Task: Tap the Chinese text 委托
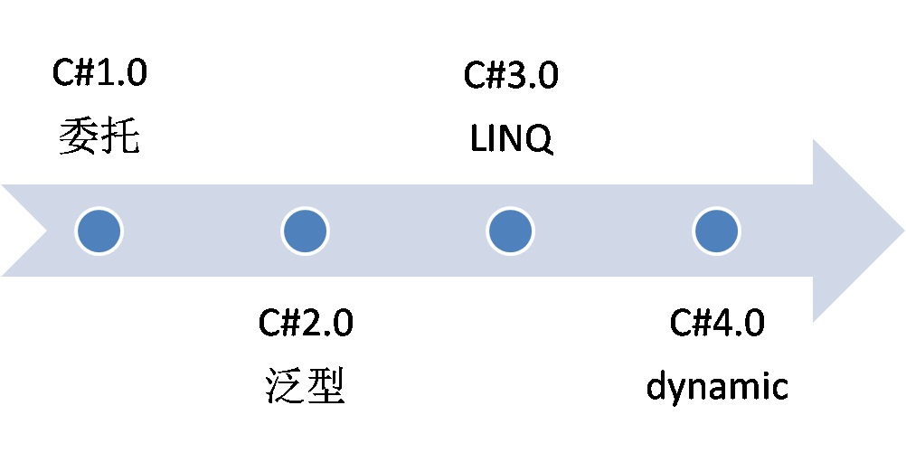[x=99, y=138]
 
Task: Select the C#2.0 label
[x=306, y=323]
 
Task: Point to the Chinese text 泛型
[x=306, y=386]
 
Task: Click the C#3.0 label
[x=511, y=76]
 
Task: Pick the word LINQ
[x=511, y=140]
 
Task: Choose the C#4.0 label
[x=717, y=323]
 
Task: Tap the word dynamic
[x=717, y=388]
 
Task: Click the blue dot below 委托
[x=99, y=231]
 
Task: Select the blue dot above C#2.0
[x=305, y=231]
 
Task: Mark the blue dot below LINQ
[x=511, y=231]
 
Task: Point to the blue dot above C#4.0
[x=717, y=231]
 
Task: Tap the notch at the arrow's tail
[x=45, y=231]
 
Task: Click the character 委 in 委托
[x=79, y=138]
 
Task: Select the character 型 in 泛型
[x=326, y=386]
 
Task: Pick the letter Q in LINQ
[x=540, y=141]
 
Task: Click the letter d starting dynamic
[x=657, y=386]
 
